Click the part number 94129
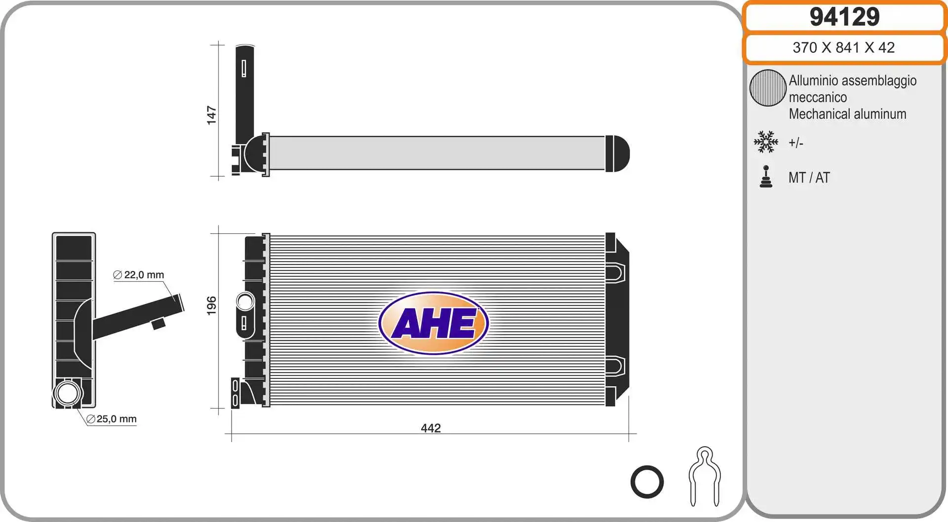[844, 17]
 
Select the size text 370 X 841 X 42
[843, 47]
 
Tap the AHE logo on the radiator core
[434, 323]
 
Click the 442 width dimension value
[431, 428]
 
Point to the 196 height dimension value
[211, 305]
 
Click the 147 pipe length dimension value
[211, 115]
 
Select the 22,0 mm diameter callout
[139, 275]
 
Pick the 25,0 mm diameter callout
[112, 419]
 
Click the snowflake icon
[766, 142]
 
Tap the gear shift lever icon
[766, 177]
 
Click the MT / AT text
[809, 178]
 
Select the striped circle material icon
[768, 88]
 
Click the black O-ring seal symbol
[647, 482]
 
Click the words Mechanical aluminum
[847, 114]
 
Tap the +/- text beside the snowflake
[795, 143]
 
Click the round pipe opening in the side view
[67, 393]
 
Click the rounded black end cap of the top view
[617, 153]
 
